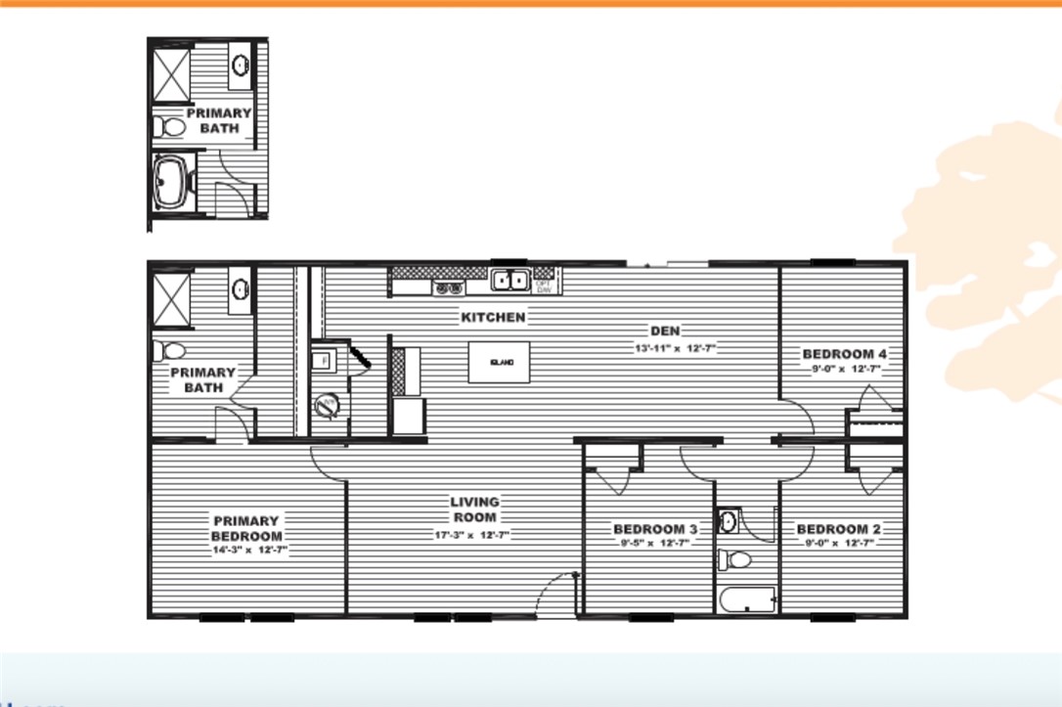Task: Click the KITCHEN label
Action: [493, 317]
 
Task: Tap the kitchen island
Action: [499, 363]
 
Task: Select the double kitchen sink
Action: [510, 282]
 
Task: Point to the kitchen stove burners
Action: [449, 287]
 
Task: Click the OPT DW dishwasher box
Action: [544, 285]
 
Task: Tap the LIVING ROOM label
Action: [474, 509]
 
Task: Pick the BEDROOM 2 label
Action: [842, 529]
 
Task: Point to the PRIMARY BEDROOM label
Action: [246, 528]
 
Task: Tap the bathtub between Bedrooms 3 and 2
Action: [746, 598]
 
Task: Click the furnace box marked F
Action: [324, 359]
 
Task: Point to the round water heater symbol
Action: [330, 405]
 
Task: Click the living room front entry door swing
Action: [557, 592]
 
